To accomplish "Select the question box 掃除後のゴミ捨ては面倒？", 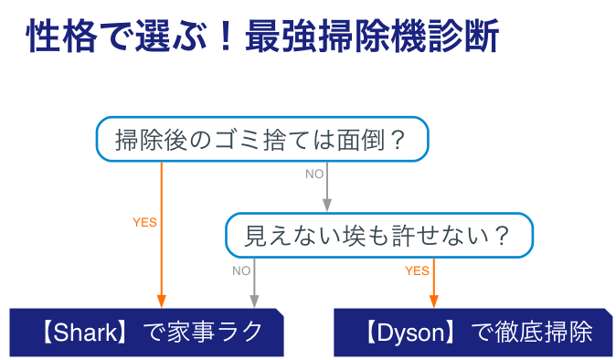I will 261,140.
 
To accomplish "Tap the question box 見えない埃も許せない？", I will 378,237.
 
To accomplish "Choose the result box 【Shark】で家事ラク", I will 146,333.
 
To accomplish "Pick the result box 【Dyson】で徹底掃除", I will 474,333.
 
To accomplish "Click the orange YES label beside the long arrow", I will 144,222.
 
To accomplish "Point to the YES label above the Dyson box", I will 417,270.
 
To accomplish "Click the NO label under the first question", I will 314,174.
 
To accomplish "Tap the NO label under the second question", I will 241,270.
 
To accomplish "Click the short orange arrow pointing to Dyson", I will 433,283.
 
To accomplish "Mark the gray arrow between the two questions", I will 327,187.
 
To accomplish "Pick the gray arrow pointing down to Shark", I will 255,283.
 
